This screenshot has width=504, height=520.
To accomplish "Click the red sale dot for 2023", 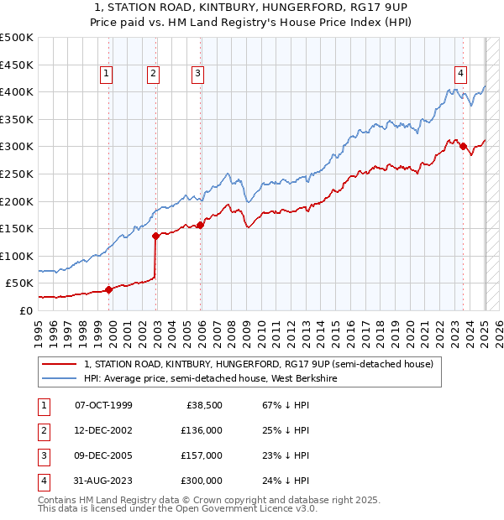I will [x=464, y=147].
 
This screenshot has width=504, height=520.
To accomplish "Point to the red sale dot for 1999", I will [x=108, y=289].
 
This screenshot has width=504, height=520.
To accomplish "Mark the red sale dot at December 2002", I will [x=155, y=236].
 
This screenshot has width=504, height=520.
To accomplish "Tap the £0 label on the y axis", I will [x=26, y=310].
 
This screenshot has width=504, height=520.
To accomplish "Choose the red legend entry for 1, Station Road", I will [x=258, y=364].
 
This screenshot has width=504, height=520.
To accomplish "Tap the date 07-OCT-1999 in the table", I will [x=103, y=405].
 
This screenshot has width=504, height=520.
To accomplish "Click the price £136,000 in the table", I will [x=202, y=430].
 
